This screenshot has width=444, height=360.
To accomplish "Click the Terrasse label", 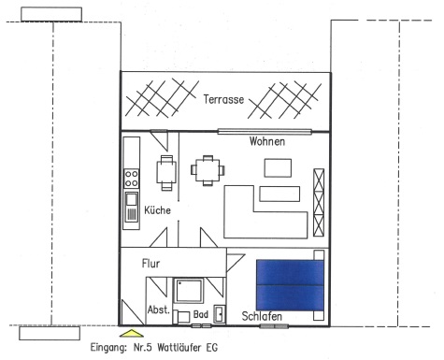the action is [x=223, y=99].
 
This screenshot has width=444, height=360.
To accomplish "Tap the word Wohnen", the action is [x=267, y=141].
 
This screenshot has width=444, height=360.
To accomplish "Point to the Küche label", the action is [x=157, y=210].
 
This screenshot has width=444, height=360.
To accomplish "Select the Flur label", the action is [x=150, y=264].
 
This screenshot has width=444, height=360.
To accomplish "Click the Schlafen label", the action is [x=262, y=316].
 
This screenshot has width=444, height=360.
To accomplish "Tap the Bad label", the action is [x=201, y=314].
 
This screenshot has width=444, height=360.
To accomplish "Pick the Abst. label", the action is [x=159, y=310].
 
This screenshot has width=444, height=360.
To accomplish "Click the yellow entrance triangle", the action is [x=132, y=333].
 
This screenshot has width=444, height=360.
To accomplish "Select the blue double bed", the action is [x=290, y=285].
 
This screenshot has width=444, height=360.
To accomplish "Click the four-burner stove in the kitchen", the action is [x=132, y=179].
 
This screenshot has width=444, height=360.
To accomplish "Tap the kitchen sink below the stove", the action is [x=132, y=207].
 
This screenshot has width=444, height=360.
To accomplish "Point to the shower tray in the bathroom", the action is [x=189, y=291].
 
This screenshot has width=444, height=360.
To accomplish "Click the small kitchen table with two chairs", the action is [x=166, y=173].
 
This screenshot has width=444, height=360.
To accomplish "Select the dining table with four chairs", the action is [x=208, y=170].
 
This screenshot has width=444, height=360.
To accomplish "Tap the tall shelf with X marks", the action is [x=319, y=203].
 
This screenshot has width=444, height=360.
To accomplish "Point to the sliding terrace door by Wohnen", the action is [x=265, y=132].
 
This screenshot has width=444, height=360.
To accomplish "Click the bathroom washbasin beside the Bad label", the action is [x=220, y=314].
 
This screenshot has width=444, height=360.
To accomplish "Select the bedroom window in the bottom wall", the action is [x=274, y=326].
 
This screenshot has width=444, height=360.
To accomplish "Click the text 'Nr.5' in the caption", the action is [x=143, y=347].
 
